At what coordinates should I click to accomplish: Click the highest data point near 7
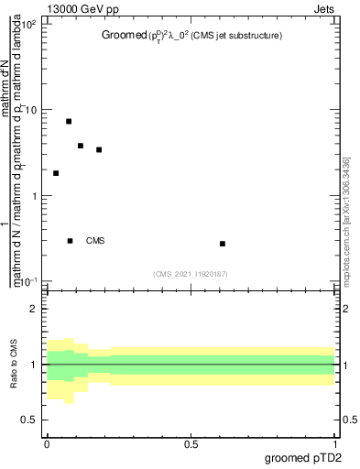tap(69, 121)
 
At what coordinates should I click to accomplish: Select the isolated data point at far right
tap(223, 244)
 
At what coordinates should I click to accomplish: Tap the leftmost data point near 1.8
tap(56, 173)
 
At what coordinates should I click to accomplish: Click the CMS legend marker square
tap(71, 241)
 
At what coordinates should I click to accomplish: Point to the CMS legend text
tap(95, 241)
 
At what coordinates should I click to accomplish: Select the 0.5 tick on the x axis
tap(191, 444)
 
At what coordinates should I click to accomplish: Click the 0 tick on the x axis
tap(47, 444)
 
